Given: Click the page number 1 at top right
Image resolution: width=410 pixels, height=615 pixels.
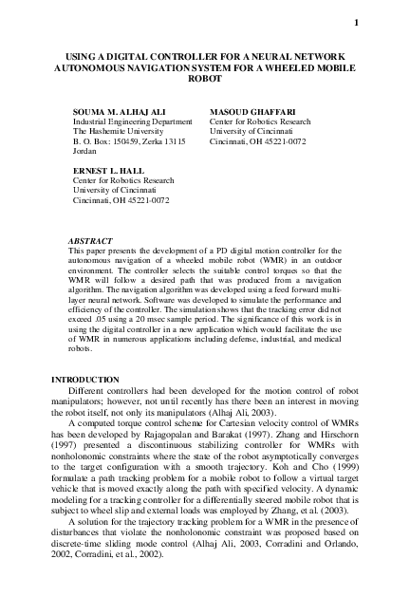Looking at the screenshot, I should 356,23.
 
